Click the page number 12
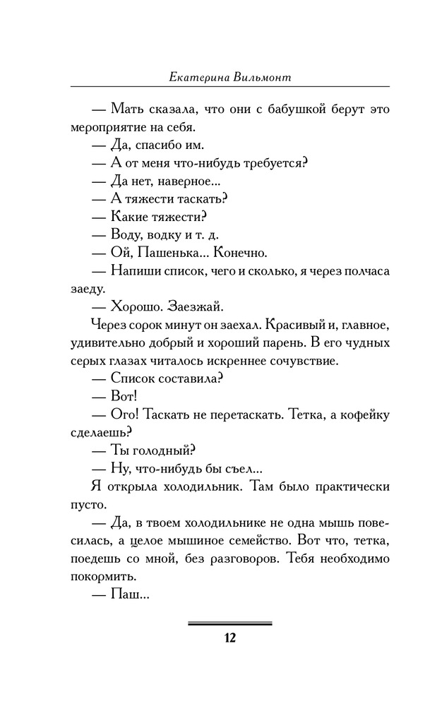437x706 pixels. pos(229,638)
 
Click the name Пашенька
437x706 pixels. pos(172,252)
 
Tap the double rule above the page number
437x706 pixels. pos(229,623)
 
